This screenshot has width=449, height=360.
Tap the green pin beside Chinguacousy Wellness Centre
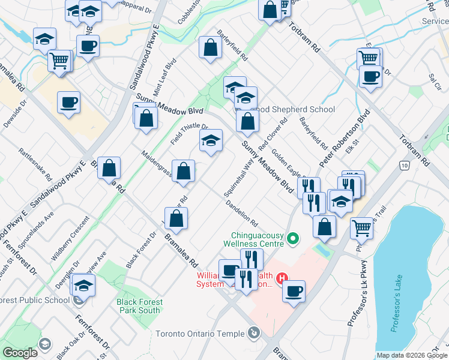293,239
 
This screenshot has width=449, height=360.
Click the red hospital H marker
281,278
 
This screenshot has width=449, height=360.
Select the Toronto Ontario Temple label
200,334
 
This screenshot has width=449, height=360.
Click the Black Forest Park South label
139,306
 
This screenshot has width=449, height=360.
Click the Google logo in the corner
20,352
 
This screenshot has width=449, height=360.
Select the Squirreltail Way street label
238,180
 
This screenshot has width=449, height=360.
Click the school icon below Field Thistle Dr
210,142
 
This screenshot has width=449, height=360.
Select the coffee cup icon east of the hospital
294,292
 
